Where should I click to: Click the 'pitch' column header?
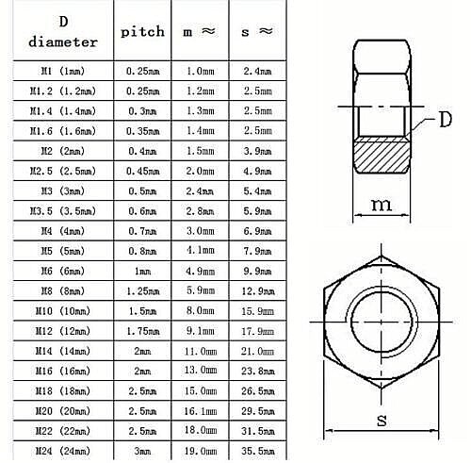click(143, 31)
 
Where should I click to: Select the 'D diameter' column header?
click(62, 31)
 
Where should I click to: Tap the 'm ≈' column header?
click(198, 31)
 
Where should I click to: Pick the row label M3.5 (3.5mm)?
click(62, 211)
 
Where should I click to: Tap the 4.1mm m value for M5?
click(198, 251)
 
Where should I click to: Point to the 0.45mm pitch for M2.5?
click(143, 171)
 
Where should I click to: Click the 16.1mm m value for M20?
click(198, 412)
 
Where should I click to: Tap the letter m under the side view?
click(380, 204)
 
